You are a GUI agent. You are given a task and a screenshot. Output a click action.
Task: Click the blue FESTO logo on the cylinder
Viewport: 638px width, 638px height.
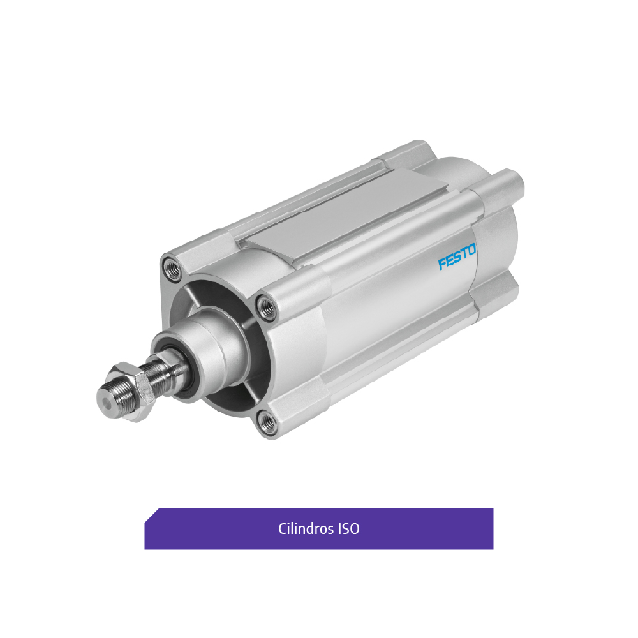pyautogui.click(x=457, y=256)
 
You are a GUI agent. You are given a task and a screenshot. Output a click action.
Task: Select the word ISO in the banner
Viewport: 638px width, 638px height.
pyautogui.click(x=349, y=528)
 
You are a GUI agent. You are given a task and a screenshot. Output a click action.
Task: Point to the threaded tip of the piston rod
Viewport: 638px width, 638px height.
pyautogui.click(x=110, y=401)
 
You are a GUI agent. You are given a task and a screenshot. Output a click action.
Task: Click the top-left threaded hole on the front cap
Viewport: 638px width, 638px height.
pyautogui.click(x=171, y=267)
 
